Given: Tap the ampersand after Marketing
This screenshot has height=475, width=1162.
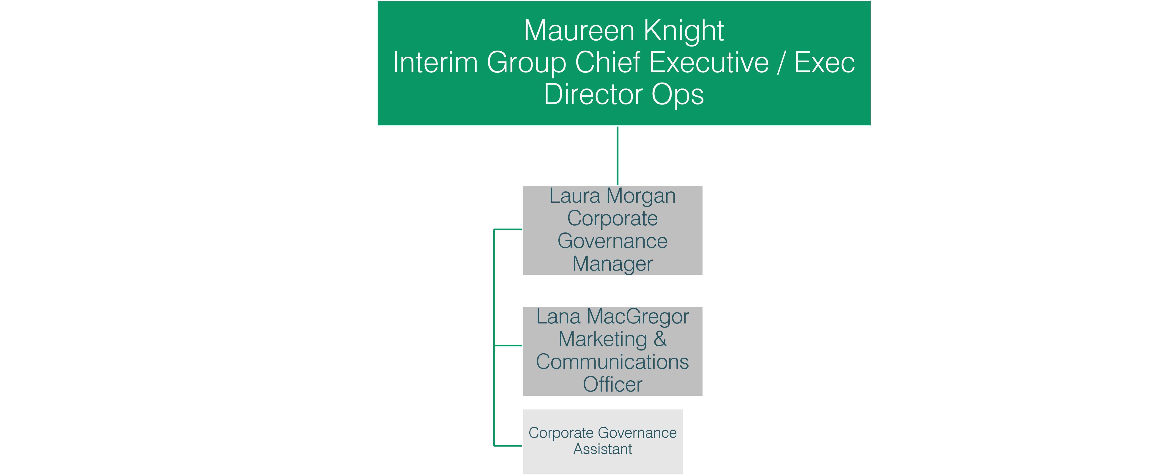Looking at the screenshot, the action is (x=660, y=339).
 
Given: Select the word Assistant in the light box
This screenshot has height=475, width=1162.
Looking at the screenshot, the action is (x=603, y=449).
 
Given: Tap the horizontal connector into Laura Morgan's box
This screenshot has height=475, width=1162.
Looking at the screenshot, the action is (x=508, y=229).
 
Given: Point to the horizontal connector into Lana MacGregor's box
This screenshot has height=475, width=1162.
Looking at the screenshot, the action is (x=508, y=345).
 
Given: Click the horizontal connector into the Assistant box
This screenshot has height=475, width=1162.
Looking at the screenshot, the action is (x=508, y=446).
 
